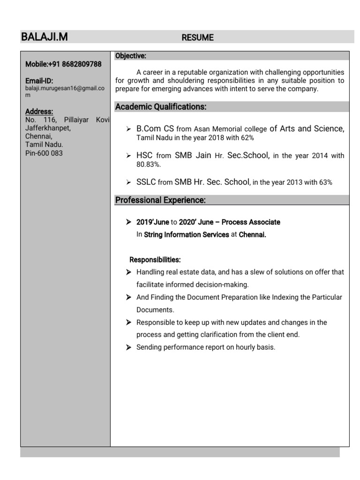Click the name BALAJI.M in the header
click(x=44, y=37)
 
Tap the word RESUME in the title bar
click(x=197, y=38)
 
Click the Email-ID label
click(x=39, y=81)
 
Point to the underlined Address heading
click(x=39, y=112)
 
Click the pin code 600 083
click(x=51, y=153)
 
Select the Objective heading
click(x=131, y=56)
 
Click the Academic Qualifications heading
click(x=161, y=107)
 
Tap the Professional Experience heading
click(x=160, y=200)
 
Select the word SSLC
click(x=146, y=182)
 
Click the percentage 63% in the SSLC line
click(x=325, y=183)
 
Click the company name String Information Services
click(x=186, y=235)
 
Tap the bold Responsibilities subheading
click(x=155, y=260)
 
